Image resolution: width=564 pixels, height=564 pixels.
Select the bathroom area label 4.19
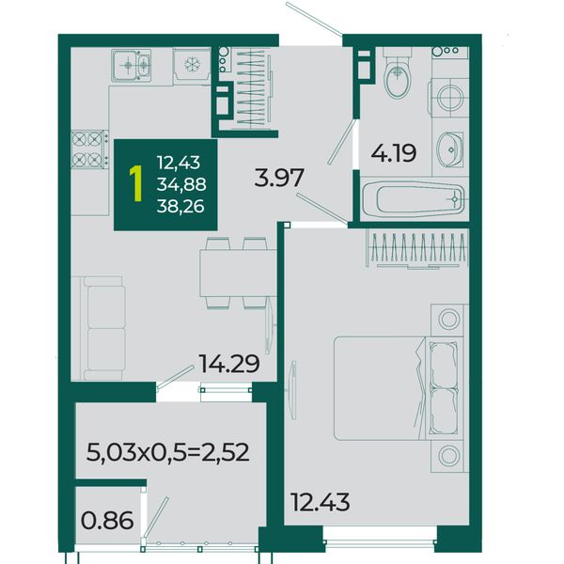point(394,153)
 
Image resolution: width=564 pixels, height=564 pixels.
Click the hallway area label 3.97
point(279,178)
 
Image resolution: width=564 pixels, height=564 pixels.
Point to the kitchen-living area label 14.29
point(229,364)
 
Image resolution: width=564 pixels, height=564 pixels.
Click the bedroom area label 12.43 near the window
point(320,502)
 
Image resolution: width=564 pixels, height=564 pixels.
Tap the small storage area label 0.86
point(107,521)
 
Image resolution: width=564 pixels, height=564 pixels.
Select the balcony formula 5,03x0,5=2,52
point(168,452)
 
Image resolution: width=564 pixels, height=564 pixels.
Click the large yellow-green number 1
point(136,183)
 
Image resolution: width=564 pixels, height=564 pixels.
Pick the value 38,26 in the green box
point(180,207)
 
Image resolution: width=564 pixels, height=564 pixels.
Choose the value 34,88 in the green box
point(181,184)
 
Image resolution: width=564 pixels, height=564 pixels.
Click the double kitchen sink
point(131,66)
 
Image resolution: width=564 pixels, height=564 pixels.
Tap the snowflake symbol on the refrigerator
point(193,64)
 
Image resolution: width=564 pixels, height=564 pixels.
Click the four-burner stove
point(90,149)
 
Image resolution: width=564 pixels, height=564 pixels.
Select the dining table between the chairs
point(238,273)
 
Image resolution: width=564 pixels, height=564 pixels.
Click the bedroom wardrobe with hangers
point(417,249)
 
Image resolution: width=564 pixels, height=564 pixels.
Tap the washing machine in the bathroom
point(450,98)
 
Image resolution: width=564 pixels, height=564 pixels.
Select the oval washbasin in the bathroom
point(449,149)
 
